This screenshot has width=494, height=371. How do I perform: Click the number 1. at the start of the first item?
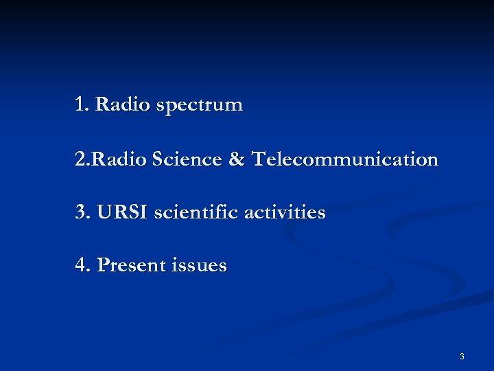click(x=82, y=105)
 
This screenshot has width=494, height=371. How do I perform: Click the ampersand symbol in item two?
click(x=235, y=159)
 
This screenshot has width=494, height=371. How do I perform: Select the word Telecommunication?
click(x=344, y=159)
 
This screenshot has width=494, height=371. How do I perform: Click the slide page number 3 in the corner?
click(x=462, y=356)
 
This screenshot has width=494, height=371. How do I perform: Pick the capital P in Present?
click(x=103, y=265)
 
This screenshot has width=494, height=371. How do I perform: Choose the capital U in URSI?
click(x=103, y=212)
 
